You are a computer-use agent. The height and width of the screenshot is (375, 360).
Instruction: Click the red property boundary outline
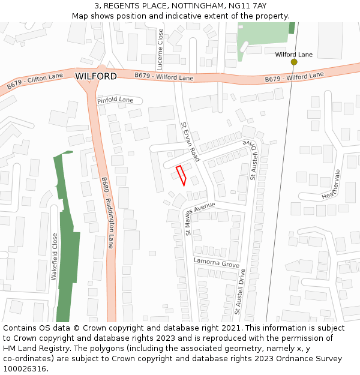pos(181,175)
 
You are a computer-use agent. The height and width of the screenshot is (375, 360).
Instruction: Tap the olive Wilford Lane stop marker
pos(294,62)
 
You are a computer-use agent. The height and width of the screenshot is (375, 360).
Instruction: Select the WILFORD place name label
pos(96,76)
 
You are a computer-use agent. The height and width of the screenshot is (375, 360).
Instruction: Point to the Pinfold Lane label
pos(115,100)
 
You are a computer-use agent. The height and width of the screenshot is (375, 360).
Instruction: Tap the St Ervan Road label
pos(190,142)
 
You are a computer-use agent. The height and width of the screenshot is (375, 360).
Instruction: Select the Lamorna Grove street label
pos(216,263)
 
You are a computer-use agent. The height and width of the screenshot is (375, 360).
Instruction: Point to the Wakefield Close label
pos(55,256)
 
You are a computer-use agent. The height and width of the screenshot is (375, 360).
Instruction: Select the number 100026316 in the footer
pos(25,368)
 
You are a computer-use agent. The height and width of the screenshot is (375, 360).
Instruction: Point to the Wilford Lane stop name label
pos(294,55)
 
